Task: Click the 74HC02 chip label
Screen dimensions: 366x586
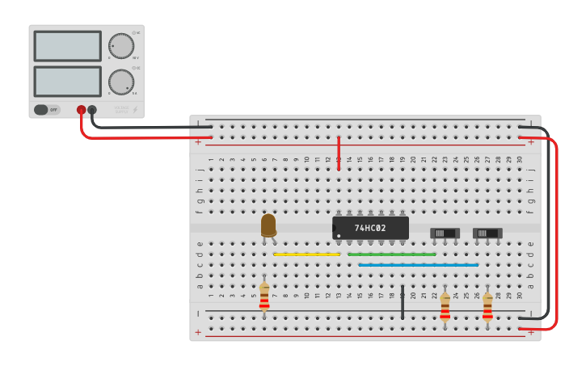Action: (370, 228)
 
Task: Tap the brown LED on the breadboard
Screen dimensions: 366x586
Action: (268, 225)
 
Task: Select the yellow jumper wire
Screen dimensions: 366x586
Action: (306, 255)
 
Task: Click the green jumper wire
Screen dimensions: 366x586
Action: (391, 255)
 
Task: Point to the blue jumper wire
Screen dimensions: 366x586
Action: (418, 265)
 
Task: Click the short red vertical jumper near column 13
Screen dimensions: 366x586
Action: (339, 154)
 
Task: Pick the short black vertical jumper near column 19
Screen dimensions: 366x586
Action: (403, 301)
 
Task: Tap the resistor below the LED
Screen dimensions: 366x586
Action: (264, 297)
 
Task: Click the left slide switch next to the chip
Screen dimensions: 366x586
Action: (445, 233)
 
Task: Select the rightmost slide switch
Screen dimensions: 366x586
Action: (487, 233)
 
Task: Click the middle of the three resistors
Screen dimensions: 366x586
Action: (445, 307)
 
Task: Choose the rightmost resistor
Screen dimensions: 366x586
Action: (487, 307)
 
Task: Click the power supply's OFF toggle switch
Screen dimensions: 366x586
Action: (47, 109)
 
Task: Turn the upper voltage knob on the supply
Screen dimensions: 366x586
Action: (121, 46)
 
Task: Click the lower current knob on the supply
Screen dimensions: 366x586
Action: (121, 81)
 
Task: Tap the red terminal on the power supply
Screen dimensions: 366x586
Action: (82, 110)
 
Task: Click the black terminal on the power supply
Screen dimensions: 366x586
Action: (92, 110)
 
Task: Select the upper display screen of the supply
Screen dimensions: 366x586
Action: (68, 46)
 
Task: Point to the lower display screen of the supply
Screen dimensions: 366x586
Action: (68, 81)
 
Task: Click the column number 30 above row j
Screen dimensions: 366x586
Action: (519, 160)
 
